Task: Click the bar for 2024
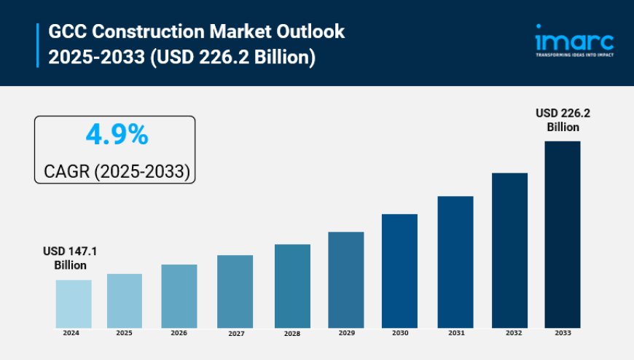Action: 74,304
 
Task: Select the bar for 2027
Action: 235,291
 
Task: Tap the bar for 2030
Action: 400,271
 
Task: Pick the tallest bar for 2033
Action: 563,235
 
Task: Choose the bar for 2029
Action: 345,280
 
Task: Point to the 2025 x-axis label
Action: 124,333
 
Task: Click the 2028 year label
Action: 291,333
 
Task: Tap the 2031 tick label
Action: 455,333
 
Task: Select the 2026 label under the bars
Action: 179,333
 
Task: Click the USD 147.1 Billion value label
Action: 70,258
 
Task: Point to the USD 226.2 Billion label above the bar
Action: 563,120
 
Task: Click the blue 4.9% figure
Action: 117,135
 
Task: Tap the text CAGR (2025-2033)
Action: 117,172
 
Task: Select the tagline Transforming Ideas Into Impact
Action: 574,55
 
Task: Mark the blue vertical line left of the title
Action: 37,44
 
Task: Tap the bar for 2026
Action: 179,296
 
